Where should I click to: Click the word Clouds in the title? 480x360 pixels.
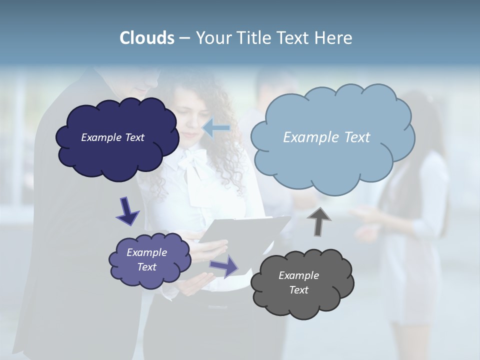[146, 38]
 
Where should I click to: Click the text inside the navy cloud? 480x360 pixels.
[112, 137]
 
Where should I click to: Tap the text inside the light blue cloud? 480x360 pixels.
[326, 137]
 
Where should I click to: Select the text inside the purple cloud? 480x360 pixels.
[146, 259]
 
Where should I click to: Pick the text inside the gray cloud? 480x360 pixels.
[298, 282]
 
